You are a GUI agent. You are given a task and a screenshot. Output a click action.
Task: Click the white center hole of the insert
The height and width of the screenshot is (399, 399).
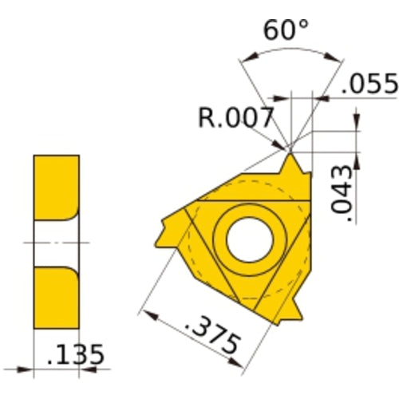[x=248, y=237]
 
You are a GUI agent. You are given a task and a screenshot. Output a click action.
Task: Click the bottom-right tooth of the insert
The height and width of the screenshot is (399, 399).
[x=294, y=306]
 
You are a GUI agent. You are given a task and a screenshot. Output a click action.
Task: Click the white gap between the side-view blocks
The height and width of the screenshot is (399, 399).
[x=56, y=240]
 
